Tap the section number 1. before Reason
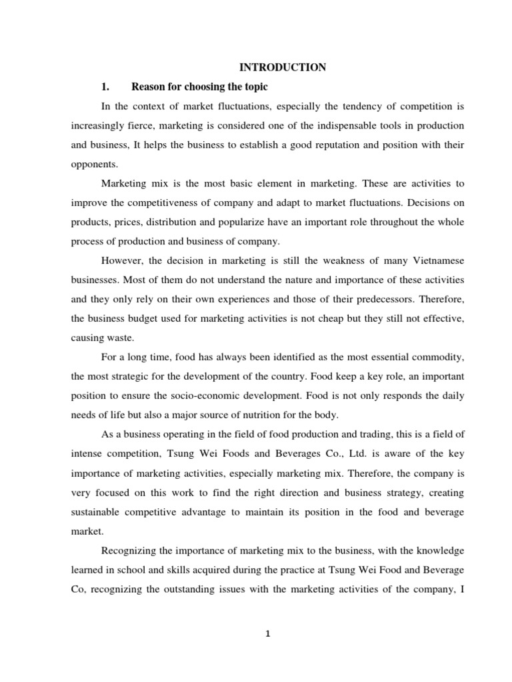[x=105, y=87]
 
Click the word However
[x=123, y=260]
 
